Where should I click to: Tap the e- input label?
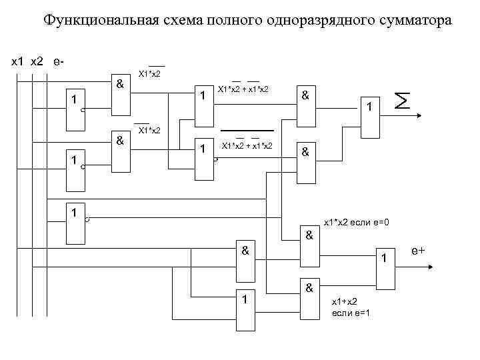point(59,61)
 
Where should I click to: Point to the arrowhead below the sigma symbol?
point(418,117)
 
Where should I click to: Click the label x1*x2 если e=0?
point(356,222)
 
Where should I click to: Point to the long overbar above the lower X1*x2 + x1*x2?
point(247,129)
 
